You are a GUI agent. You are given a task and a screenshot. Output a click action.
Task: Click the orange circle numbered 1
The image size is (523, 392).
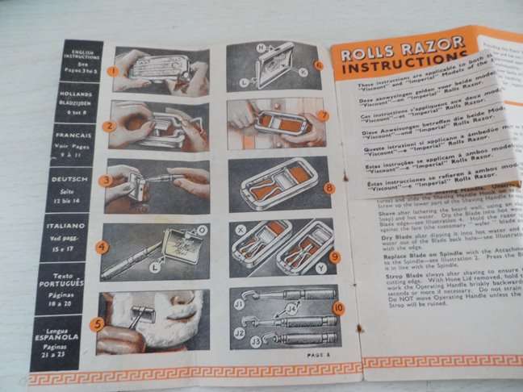click(x=114, y=70)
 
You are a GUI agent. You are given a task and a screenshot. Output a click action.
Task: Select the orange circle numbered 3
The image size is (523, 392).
click(x=105, y=181)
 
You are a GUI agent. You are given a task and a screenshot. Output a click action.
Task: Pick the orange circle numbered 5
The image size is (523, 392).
click(x=97, y=325)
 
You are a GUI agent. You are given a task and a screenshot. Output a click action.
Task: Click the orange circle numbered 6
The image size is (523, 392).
click(x=318, y=65)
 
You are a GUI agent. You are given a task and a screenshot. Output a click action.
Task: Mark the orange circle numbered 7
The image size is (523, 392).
click(x=323, y=115)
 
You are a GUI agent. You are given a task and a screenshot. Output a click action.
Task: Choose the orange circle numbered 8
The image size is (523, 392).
click(x=329, y=187)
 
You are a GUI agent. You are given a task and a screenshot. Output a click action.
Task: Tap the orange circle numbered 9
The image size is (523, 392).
click(x=334, y=256)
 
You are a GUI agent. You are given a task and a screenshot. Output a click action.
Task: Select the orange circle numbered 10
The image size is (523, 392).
click(x=337, y=307)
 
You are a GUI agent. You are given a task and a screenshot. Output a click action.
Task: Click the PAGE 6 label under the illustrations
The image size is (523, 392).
click(x=318, y=353)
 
